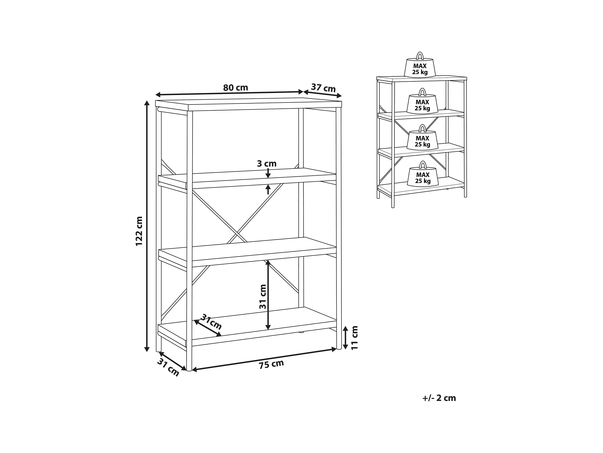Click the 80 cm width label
236,88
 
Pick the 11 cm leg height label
354,338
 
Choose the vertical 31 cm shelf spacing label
263,297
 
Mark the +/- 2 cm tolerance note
439,398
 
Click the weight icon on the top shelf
420,66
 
